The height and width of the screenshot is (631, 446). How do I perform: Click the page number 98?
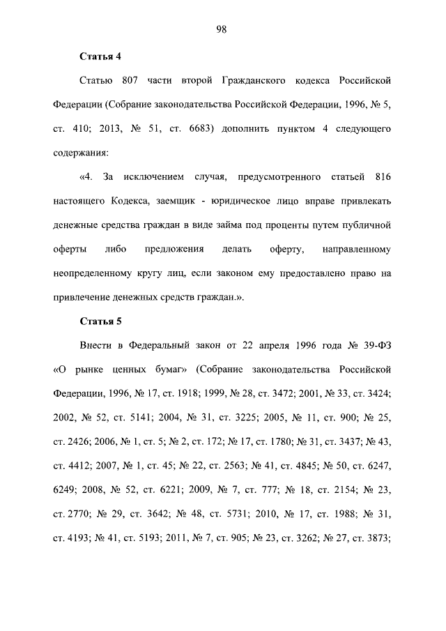(223, 29)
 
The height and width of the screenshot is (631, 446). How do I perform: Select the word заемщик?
(181, 201)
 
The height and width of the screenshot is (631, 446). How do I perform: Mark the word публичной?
(367, 225)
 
